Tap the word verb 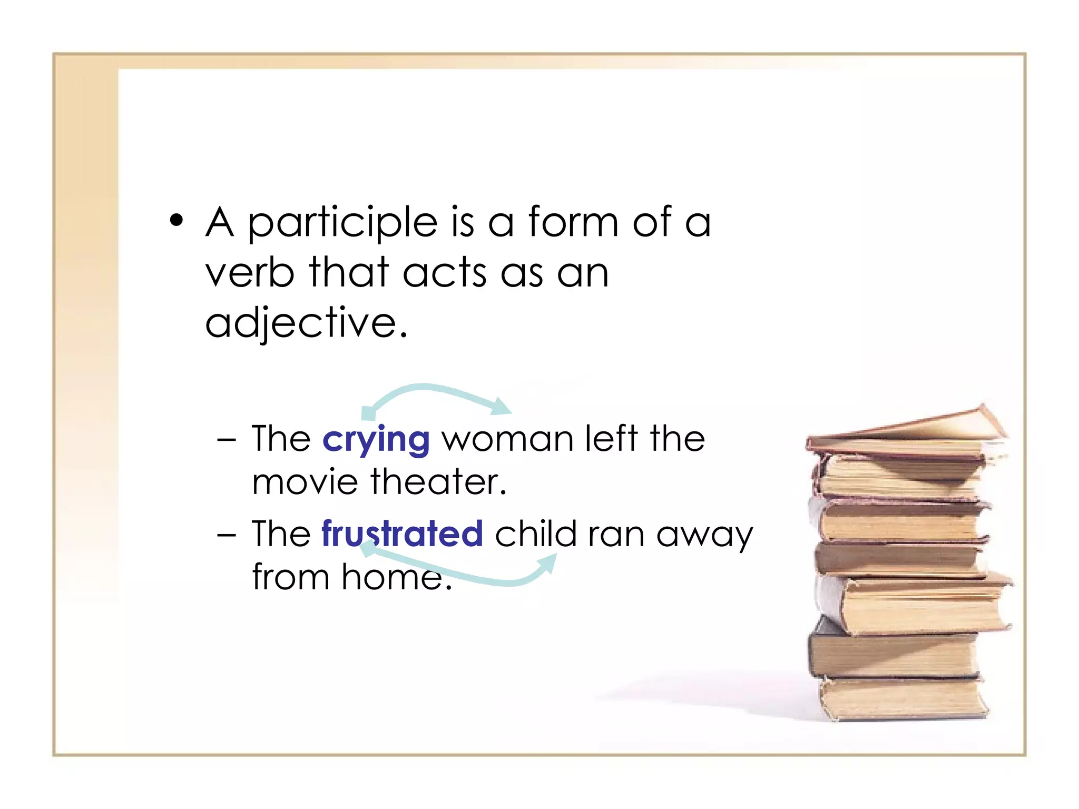[249, 272]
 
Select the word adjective [306, 322]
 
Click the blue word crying [376, 440]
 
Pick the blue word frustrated [402, 534]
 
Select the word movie [305, 482]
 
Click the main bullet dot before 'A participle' [176, 221]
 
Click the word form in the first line [573, 222]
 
